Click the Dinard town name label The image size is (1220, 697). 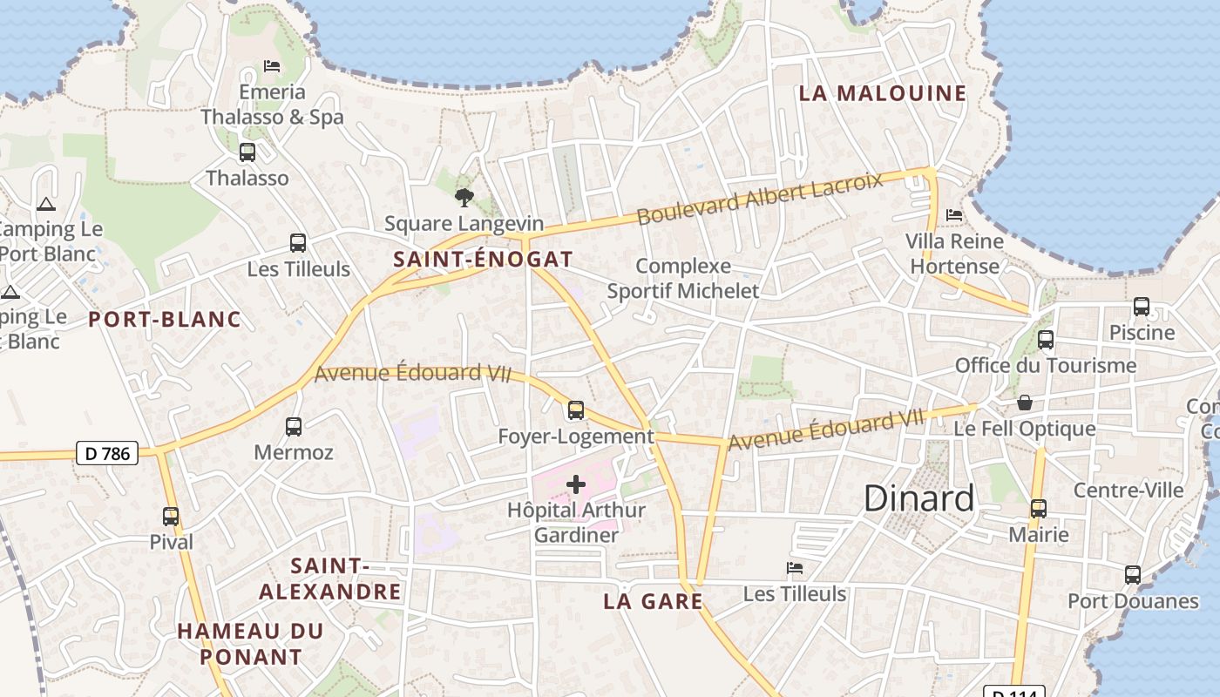[x=918, y=498]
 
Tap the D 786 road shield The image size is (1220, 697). [x=107, y=453]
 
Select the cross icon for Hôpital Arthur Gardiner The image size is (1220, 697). [x=576, y=484]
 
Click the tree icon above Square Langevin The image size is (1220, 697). [x=464, y=198]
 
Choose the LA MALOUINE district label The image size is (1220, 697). [x=883, y=93]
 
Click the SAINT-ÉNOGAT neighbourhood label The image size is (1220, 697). [x=483, y=259]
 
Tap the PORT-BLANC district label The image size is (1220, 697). [x=165, y=320]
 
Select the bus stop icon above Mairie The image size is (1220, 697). [x=1038, y=508]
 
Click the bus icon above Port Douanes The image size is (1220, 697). [x=1132, y=575]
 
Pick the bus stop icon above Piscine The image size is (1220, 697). [x=1141, y=307]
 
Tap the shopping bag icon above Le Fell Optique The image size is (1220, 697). [x=1025, y=403]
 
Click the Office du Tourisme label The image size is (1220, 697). [x=1046, y=365]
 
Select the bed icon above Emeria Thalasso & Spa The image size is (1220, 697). [x=272, y=66]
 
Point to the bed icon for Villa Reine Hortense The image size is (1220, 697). [x=954, y=214]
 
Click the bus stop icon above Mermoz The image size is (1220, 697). [x=294, y=427]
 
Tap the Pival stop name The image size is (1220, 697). [x=171, y=542]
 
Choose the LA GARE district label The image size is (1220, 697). [x=653, y=601]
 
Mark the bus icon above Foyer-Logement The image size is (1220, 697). [x=575, y=409]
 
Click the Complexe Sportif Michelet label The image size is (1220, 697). [x=683, y=278]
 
